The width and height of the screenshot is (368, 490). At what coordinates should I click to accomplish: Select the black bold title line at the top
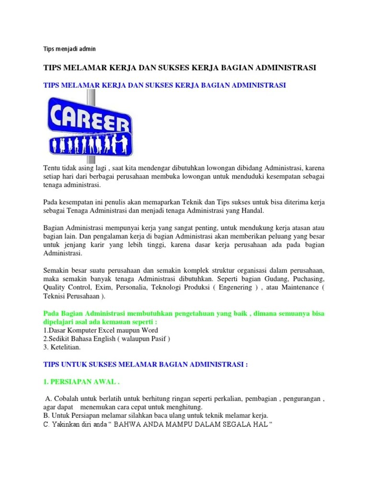pyautogui.click(x=180, y=68)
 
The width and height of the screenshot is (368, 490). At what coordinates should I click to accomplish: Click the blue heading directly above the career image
pyautogui.click(x=164, y=85)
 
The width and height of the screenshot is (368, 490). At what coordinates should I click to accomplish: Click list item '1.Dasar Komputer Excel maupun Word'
pyautogui.click(x=101, y=330)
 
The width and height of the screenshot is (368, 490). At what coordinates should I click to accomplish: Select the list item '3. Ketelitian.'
pyautogui.click(x=62, y=347)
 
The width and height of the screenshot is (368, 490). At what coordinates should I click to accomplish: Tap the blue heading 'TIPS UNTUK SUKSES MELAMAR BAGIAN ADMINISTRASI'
pyautogui.click(x=145, y=364)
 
